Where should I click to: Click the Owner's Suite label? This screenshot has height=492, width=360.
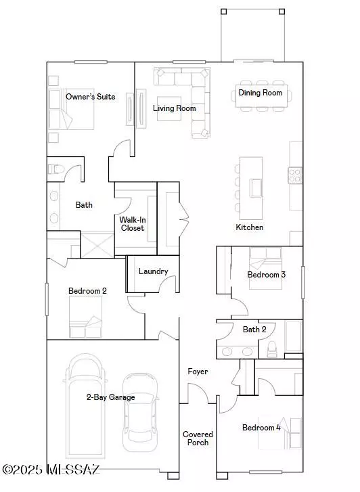coord(90,97)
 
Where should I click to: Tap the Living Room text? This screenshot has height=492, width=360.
coord(174,108)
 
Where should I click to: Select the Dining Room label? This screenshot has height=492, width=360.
coord(261,93)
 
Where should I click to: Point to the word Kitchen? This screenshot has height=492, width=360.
coord(249,227)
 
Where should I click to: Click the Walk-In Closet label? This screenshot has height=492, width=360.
coord(133,224)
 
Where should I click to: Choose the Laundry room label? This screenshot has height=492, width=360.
coord(153,271)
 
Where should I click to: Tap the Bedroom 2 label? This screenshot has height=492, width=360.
coord(87,290)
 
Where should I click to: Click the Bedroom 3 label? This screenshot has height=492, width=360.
coord(266,275)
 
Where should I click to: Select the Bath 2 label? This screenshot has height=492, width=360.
coord(254,330)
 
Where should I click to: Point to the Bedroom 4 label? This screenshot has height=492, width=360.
coord(261,428)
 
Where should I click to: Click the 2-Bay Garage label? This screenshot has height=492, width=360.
coord(110,397)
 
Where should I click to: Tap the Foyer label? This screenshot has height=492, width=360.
coord(198,372)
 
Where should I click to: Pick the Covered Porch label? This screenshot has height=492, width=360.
coord(198,439)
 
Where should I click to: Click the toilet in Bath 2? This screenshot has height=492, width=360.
coord(273,349)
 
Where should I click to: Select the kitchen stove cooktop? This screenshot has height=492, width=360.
coord(296,175)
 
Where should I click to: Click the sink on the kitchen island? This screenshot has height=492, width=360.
coord(256,186)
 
